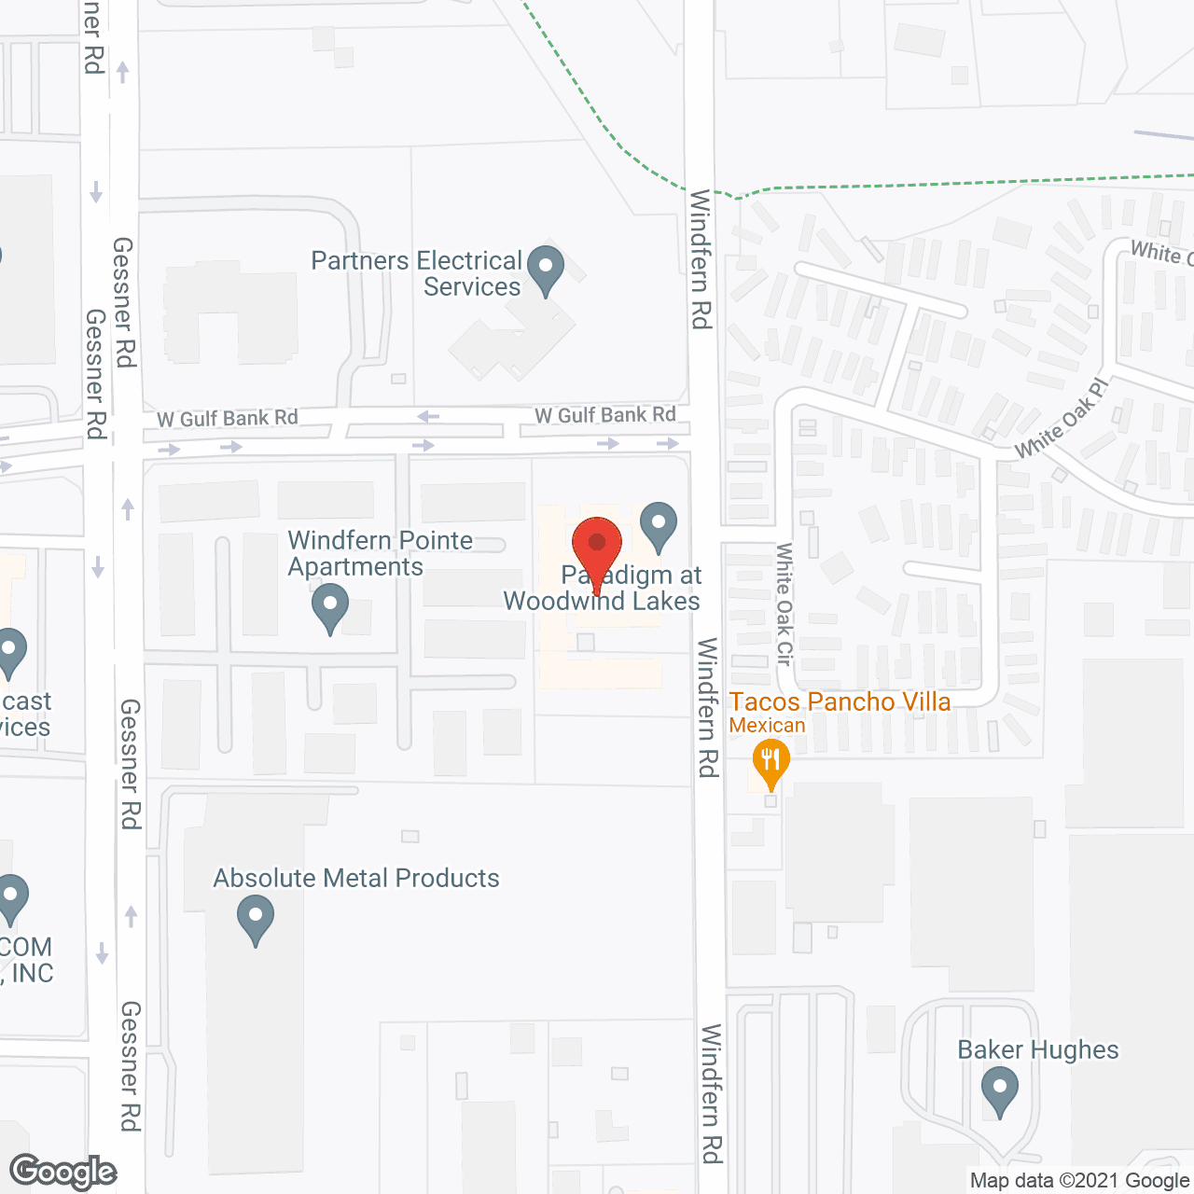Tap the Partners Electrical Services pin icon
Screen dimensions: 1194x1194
point(546,269)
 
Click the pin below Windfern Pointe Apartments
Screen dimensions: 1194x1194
point(329,607)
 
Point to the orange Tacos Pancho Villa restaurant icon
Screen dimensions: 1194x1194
point(770,762)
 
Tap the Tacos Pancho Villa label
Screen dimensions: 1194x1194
point(840,701)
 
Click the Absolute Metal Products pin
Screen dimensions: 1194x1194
point(255,918)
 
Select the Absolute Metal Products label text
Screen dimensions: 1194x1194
point(356,878)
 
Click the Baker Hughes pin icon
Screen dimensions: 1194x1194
point(999,1090)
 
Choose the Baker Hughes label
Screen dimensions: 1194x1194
point(1037,1049)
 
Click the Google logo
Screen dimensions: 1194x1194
point(63,1172)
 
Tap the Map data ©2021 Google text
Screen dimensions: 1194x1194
point(1079,1181)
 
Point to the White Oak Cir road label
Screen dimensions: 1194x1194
point(784,604)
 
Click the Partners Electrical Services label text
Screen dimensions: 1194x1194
point(416,273)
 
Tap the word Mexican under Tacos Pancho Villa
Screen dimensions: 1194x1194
point(767,725)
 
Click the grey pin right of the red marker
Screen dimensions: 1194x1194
point(659,525)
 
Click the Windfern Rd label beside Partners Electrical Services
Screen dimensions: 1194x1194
point(701,259)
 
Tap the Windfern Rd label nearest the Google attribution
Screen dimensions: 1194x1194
point(712,1093)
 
